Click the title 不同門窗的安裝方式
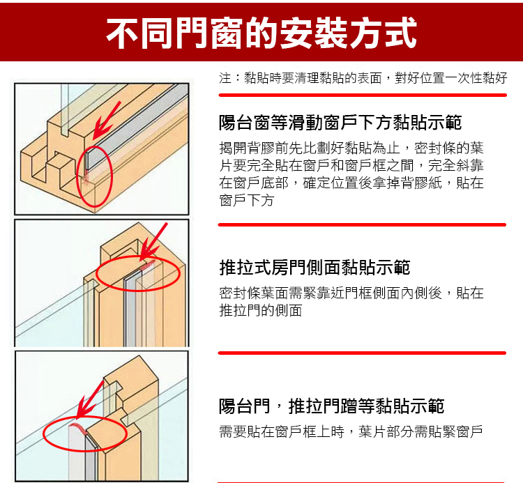(x=261, y=33)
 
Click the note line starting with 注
(x=363, y=78)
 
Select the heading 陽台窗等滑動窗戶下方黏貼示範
(x=340, y=123)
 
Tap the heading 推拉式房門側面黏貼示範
(x=314, y=268)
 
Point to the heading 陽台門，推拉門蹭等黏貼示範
(x=331, y=406)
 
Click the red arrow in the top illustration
(x=106, y=121)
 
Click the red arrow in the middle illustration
(x=153, y=242)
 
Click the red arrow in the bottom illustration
(x=89, y=399)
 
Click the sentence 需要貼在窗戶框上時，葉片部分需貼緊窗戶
(x=351, y=431)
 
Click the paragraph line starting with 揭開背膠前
(x=351, y=148)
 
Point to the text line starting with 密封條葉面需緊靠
(x=351, y=293)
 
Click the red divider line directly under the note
(x=363, y=95)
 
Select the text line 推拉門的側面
(x=261, y=310)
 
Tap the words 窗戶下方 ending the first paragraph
(x=246, y=200)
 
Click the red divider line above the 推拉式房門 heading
(x=362, y=224)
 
